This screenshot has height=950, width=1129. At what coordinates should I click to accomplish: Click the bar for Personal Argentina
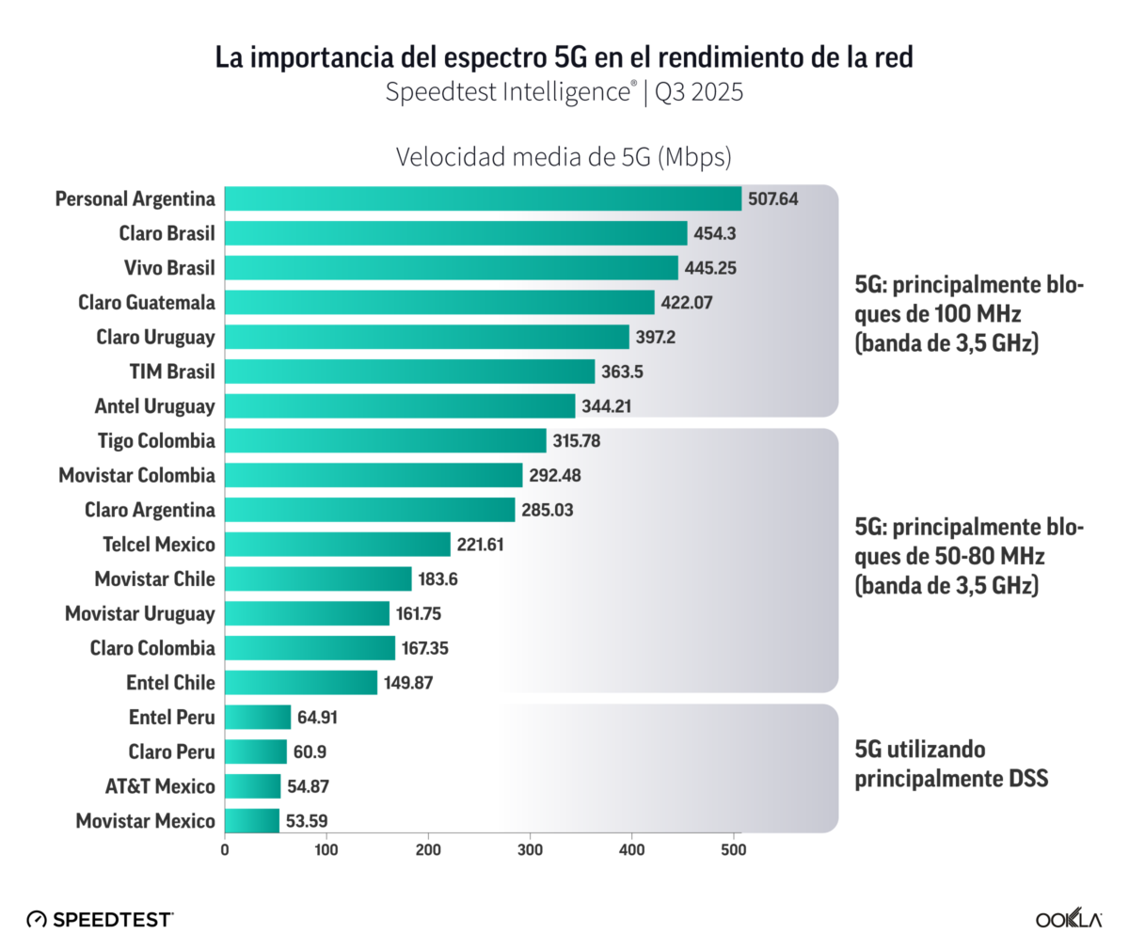tap(483, 198)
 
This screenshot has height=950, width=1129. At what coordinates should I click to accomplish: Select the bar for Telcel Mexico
tap(338, 545)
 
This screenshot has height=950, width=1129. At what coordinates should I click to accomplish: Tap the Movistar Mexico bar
tap(252, 821)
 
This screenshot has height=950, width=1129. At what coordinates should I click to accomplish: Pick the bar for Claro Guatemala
tap(439, 303)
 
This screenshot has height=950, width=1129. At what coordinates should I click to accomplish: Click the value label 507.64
tap(773, 199)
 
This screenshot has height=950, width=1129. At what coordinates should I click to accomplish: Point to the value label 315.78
tap(577, 441)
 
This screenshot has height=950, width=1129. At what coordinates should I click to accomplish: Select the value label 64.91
tap(317, 718)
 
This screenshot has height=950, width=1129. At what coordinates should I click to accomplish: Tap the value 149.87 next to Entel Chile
tap(408, 683)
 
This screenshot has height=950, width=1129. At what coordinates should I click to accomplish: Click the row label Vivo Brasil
tap(169, 268)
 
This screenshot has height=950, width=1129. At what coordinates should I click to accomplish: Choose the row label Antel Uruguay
tap(154, 406)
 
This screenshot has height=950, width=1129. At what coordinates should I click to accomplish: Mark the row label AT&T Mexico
tap(160, 786)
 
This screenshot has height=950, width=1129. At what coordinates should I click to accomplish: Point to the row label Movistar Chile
tap(154, 579)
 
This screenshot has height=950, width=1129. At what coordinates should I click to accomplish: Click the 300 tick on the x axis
tap(530, 850)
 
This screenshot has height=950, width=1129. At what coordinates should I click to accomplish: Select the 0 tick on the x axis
tap(225, 850)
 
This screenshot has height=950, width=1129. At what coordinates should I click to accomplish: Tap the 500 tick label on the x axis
tap(733, 850)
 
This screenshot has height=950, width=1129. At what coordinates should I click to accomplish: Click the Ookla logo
tap(1068, 919)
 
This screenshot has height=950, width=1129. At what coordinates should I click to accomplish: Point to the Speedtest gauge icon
tap(37, 919)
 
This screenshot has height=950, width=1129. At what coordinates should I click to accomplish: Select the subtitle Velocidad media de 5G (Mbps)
tap(564, 157)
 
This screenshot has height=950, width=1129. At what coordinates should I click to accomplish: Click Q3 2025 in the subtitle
tap(699, 92)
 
